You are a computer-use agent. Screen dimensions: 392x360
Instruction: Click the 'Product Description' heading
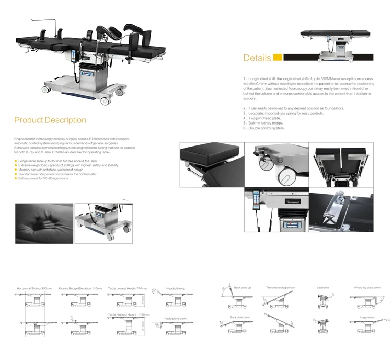coord(50,120)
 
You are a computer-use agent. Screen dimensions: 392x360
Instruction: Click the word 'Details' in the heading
coord(257,58)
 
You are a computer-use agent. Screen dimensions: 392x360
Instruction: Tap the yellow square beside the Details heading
coord(278,58)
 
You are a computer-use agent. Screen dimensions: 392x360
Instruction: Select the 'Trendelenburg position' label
coord(280,288)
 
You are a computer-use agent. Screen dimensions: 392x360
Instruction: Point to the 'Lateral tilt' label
coord(322,288)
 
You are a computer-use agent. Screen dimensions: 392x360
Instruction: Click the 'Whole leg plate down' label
coord(367,288)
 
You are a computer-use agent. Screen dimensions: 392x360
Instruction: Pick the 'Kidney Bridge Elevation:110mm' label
coord(80,288)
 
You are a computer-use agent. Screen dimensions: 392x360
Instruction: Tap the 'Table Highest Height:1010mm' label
coord(129,314)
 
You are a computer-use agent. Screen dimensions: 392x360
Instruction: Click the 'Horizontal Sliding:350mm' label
coord(34,288)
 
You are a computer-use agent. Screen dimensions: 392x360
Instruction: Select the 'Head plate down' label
coord(175,318)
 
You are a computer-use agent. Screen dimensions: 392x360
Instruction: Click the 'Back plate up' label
coord(243,288)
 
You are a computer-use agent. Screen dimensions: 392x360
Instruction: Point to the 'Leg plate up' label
coord(367,317)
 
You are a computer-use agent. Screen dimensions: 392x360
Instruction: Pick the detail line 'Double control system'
coord(267,128)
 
